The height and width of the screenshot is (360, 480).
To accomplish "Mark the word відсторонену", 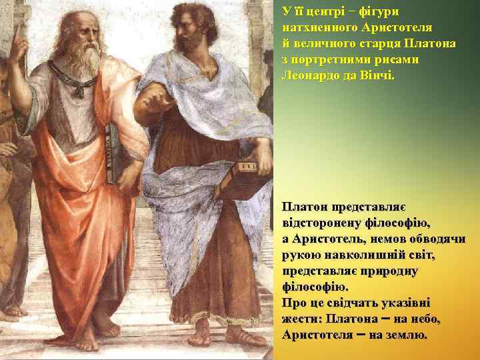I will click(x=324, y=223).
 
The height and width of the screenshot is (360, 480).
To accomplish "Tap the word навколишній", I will click(x=354, y=255).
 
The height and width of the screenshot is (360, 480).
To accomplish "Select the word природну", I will click(x=391, y=270).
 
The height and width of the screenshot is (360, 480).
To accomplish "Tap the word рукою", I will click(x=299, y=255).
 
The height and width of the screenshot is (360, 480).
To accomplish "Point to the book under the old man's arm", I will click(x=114, y=157).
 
